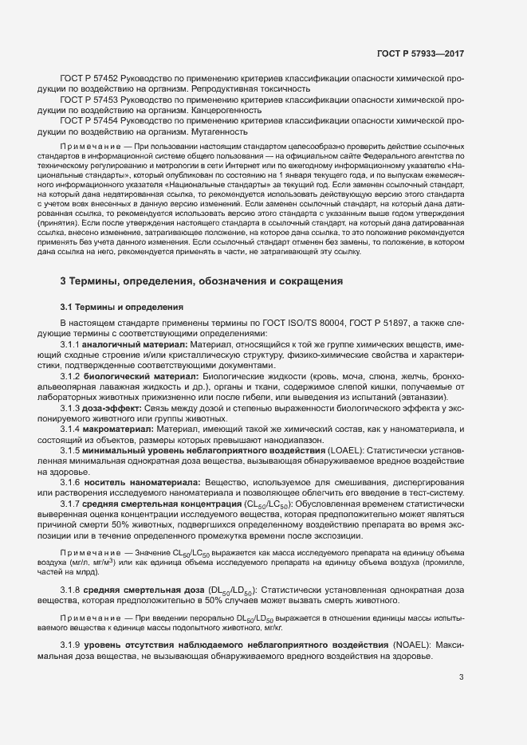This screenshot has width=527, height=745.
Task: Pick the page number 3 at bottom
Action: pyautogui.click(x=461, y=678)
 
